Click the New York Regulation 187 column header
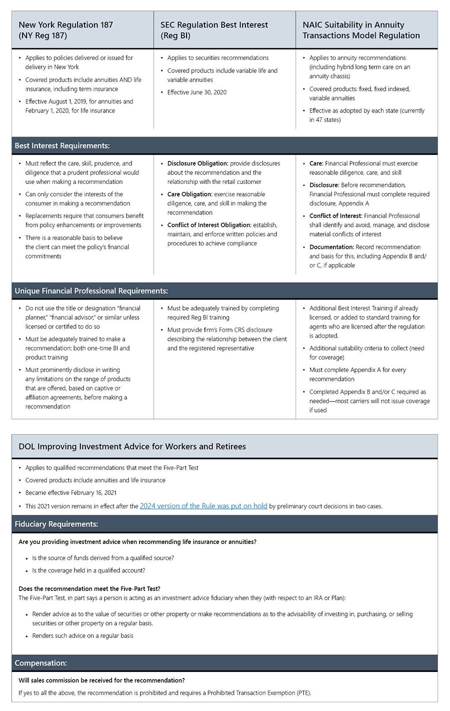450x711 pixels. pyautogui.click(x=65, y=30)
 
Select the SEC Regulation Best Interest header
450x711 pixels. pyautogui.click(x=214, y=30)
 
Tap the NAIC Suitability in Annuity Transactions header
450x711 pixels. pyautogui.click(x=360, y=30)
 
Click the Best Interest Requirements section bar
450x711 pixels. pyautogui.click(x=62, y=145)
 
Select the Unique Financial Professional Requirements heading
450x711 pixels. pyautogui.click(x=91, y=290)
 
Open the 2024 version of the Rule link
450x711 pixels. pyautogui.click(x=203, y=505)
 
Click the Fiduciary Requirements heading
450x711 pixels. pyautogui.click(x=56, y=523)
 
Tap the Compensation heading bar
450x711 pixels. pyautogui.click(x=41, y=663)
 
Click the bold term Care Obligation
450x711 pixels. pyautogui.click(x=189, y=194)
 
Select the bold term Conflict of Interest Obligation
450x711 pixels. pyautogui.click(x=209, y=225)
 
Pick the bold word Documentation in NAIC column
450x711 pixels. pyautogui.click(x=331, y=247)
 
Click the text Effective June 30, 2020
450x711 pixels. pyautogui.click(x=197, y=92)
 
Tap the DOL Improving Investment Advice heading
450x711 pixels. pyautogui.click(x=132, y=446)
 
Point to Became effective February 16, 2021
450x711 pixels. pyautogui.click(x=71, y=492)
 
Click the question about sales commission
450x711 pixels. pyautogui.click(x=101, y=680)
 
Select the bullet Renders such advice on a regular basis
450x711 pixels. pyautogui.click(x=82, y=635)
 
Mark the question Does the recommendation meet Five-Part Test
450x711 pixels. pyautogui.click(x=89, y=588)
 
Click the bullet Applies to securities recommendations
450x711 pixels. pyautogui.click(x=218, y=58)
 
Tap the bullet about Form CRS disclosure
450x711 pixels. pyautogui.click(x=227, y=339)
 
